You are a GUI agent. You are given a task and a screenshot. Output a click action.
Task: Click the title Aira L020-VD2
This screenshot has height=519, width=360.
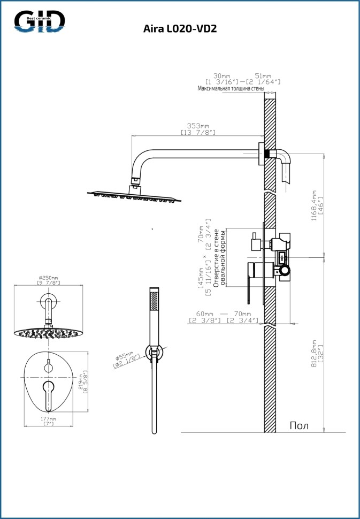click(x=180, y=29)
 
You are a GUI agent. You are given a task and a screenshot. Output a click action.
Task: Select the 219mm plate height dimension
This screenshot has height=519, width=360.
click(x=81, y=380)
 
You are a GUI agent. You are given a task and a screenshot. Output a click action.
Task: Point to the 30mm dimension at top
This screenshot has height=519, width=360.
click(x=221, y=75)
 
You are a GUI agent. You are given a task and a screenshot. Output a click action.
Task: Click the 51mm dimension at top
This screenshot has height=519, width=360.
click(x=263, y=75)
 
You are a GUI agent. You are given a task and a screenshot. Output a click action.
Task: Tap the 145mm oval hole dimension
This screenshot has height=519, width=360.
click(x=202, y=274)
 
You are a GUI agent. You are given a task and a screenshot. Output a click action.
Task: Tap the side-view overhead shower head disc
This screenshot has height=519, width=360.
click(x=135, y=196)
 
